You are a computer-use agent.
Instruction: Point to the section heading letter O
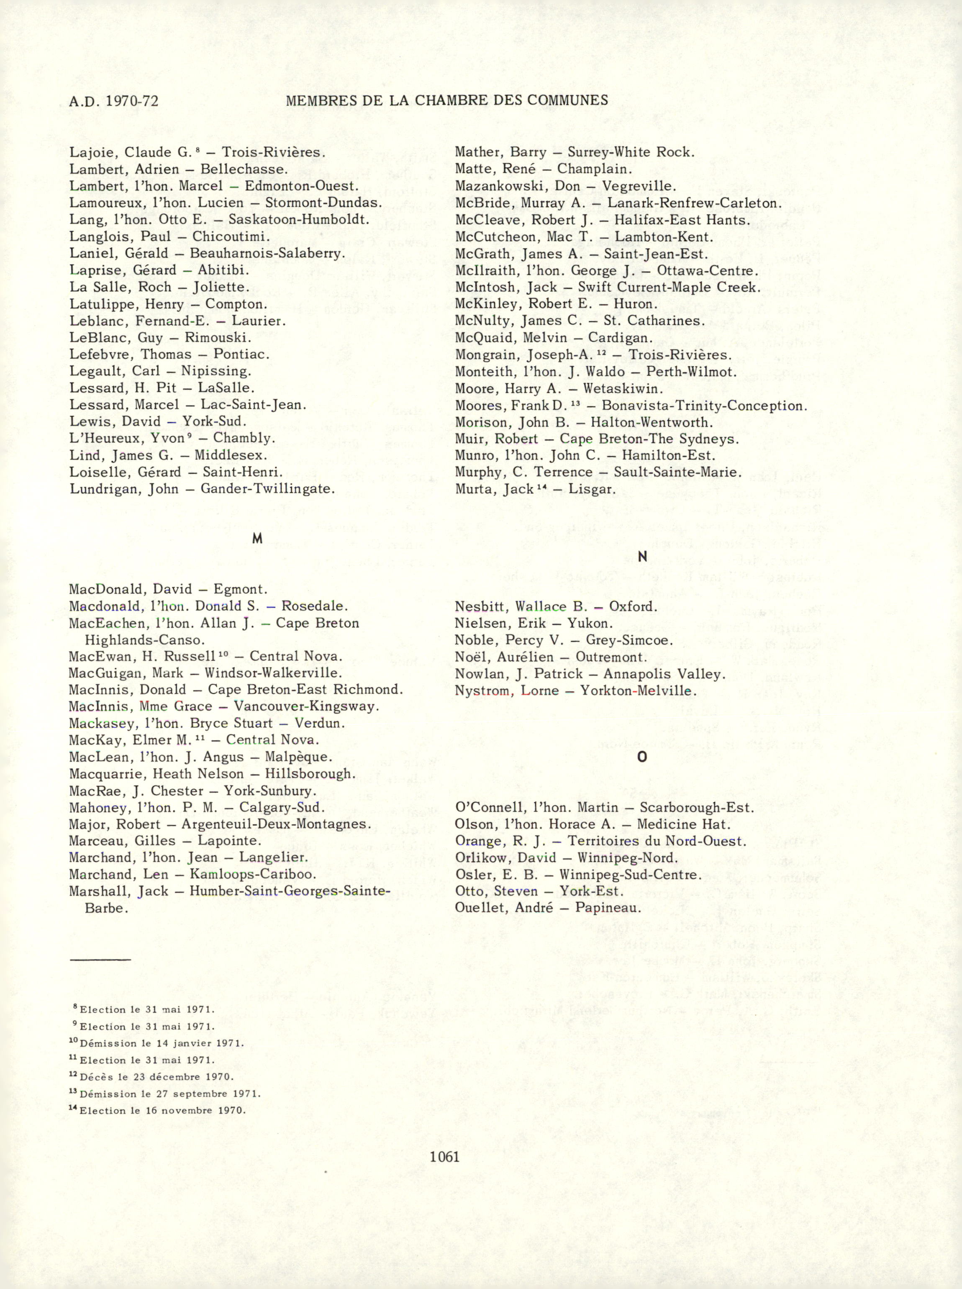point(642,757)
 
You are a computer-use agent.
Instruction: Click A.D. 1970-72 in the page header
point(113,101)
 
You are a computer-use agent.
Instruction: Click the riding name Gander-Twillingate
point(267,489)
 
